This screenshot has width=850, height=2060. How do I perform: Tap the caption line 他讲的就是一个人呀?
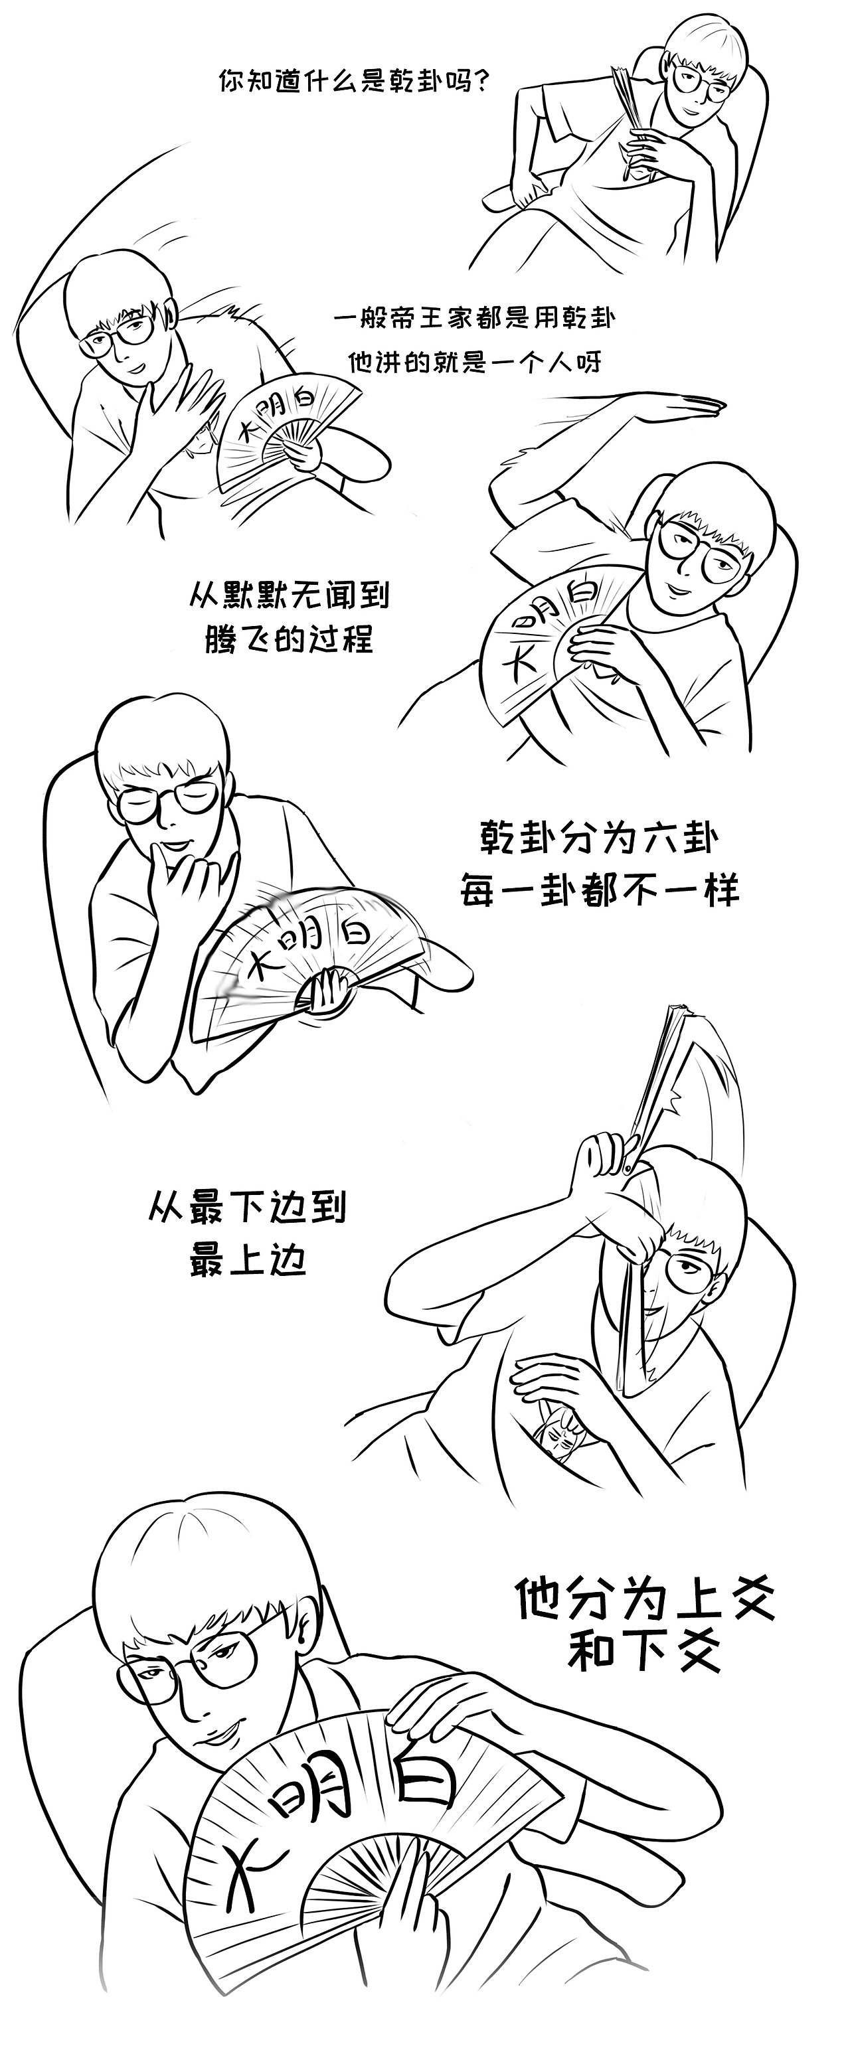pos(474,363)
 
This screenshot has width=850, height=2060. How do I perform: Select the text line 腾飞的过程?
pos(289,640)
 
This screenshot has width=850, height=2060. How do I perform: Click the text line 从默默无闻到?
pos(289,595)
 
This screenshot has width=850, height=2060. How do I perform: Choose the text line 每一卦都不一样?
pos(600,890)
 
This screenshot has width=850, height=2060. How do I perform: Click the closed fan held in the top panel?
pos(632,104)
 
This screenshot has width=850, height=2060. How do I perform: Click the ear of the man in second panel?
pos(169,313)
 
